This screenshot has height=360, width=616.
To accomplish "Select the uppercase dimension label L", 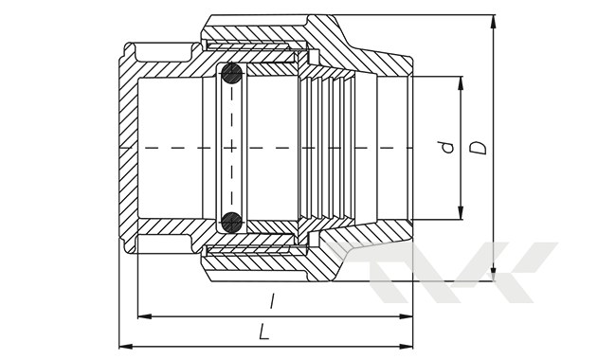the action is click(x=264, y=332).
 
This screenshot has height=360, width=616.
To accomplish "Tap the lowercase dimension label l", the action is click(x=271, y=301).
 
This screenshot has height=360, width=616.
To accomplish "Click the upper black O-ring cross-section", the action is click(x=231, y=73).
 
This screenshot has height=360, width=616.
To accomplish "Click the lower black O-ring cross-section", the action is click(x=231, y=223).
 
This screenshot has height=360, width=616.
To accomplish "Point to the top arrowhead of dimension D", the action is click(x=494, y=22).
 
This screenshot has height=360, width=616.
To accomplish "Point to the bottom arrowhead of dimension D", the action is click(x=494, y=275).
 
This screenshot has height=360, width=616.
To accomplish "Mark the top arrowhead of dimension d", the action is click(x=461, y=83).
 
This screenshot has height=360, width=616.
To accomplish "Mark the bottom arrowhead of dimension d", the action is click(x=461, y=213).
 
